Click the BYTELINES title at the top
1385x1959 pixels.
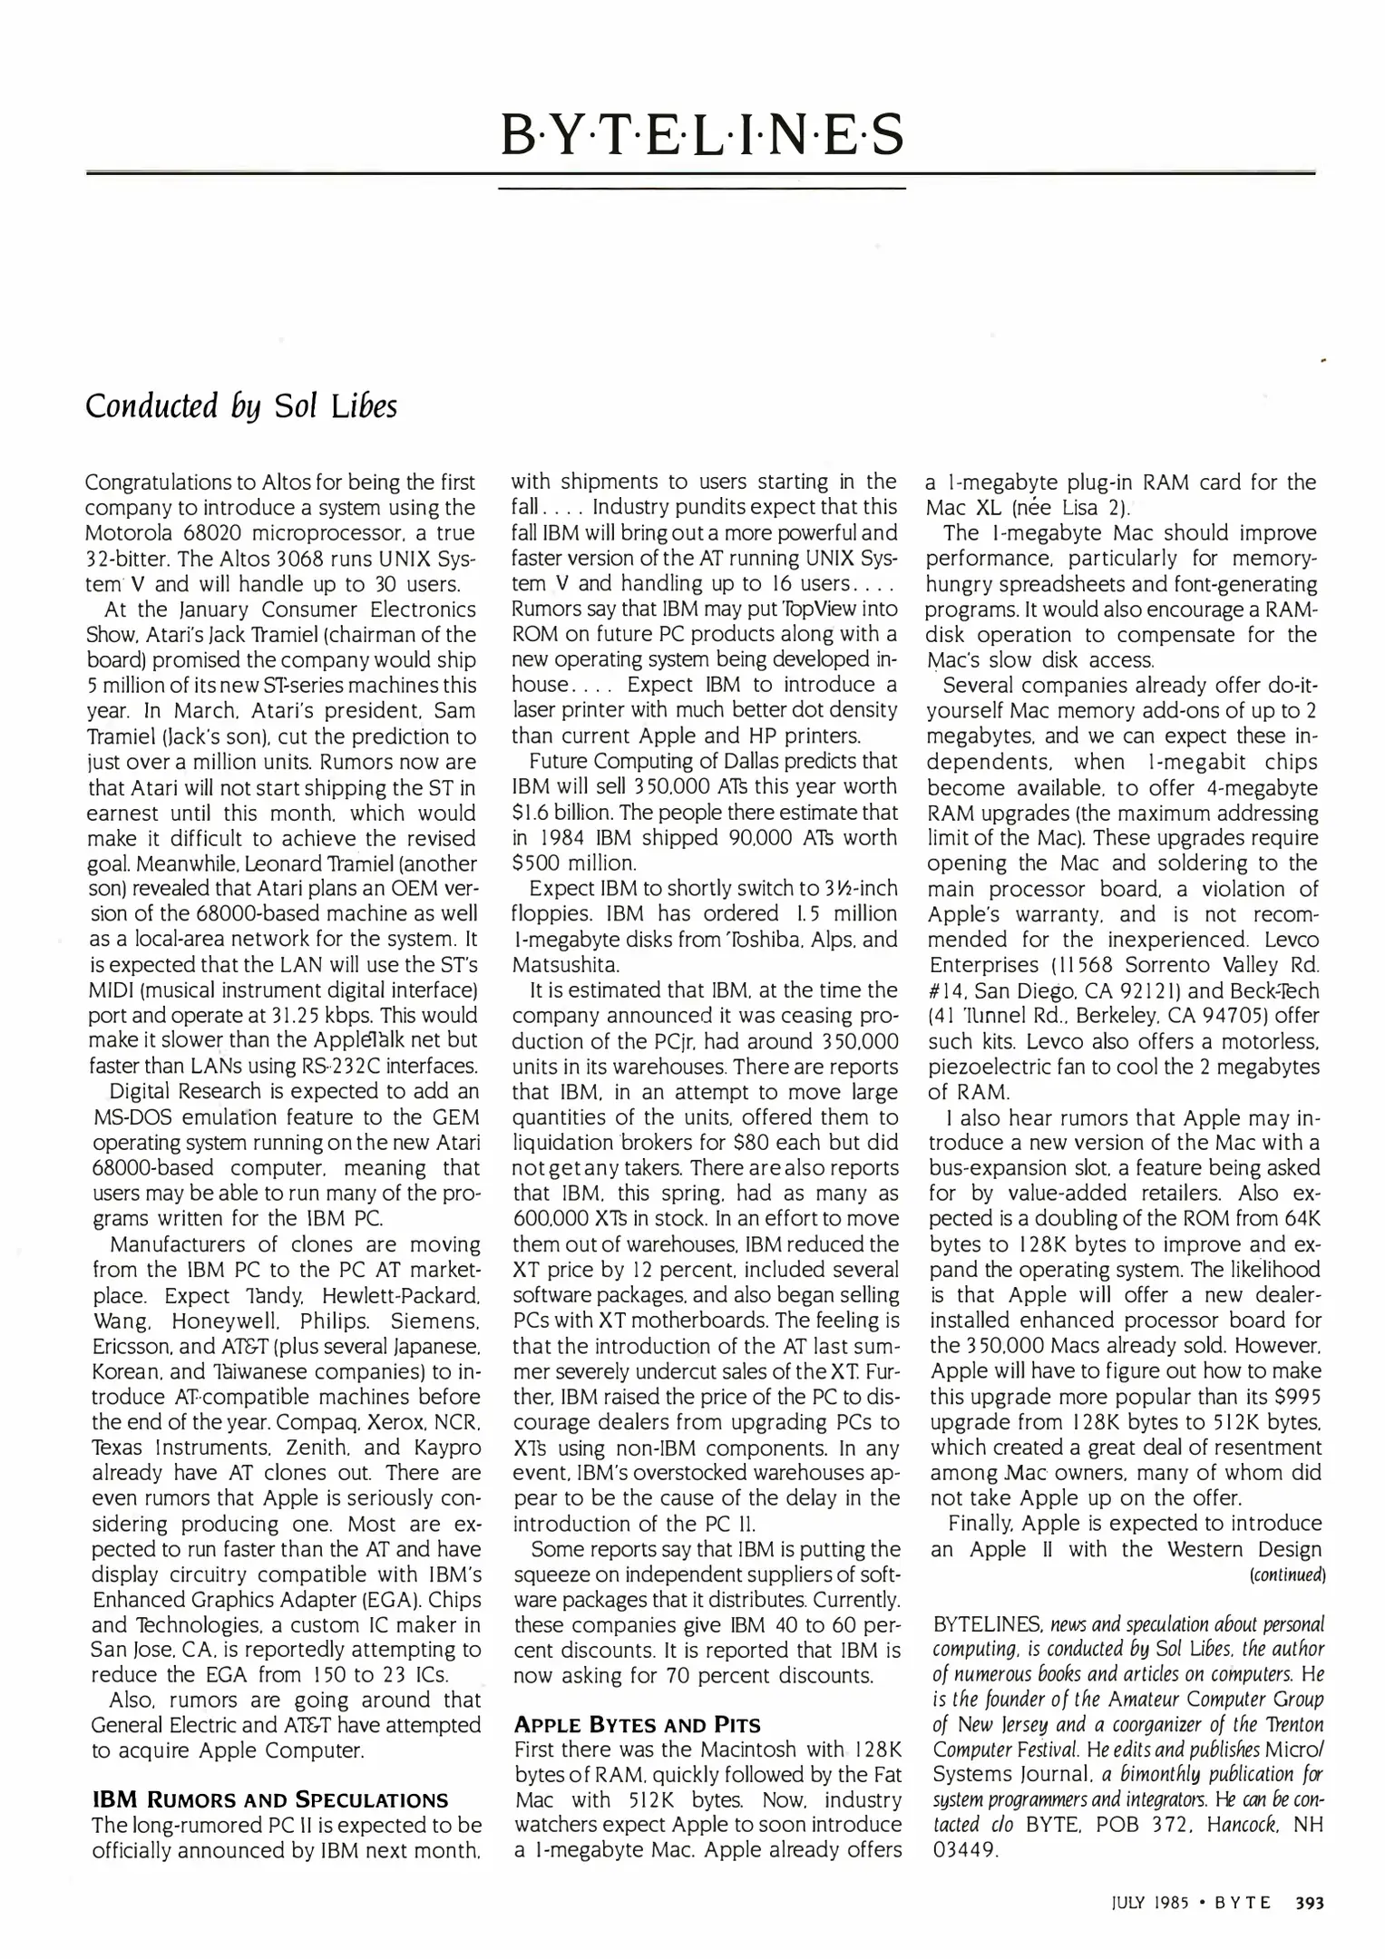702,134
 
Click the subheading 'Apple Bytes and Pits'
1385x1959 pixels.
637,1723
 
